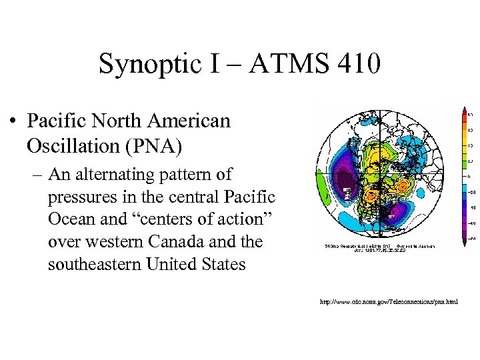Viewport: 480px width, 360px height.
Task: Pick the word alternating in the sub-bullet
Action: (114, 175)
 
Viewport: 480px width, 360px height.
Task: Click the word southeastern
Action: (90, 264)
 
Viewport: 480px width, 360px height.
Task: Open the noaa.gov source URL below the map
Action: (389, 302)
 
